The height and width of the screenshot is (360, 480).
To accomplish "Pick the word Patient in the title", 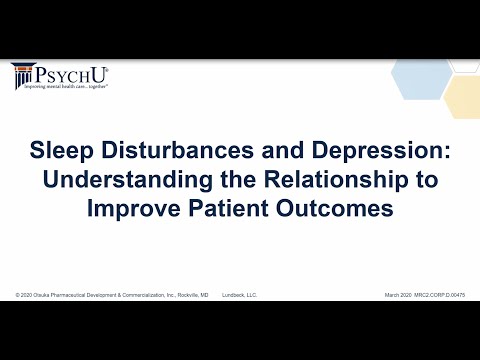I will coord(236,211).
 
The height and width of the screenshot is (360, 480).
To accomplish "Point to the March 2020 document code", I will coord(424,295).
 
